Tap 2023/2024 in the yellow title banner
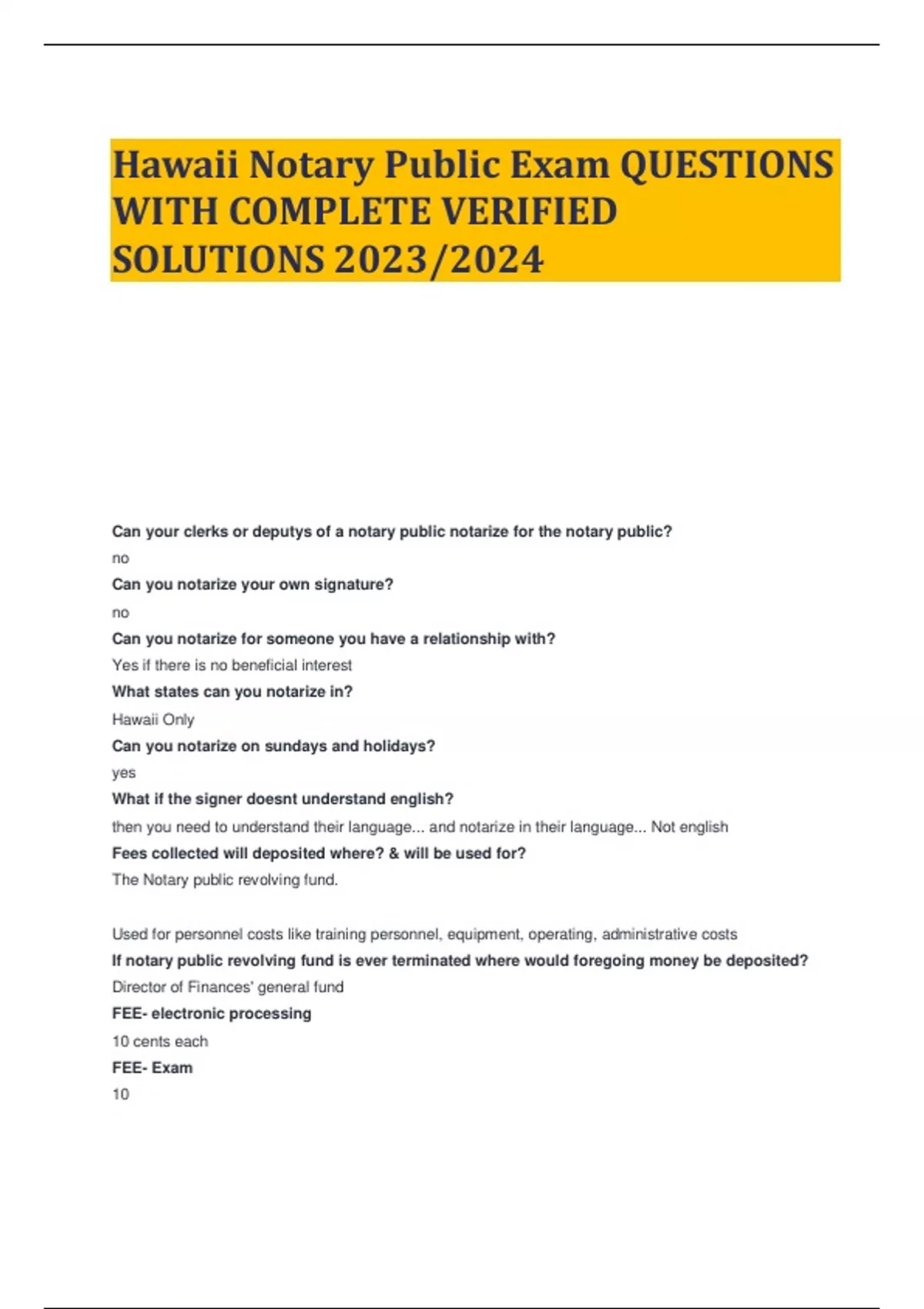tap(439, 259)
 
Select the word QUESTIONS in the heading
tap(726, 165)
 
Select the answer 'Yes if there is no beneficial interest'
tap(232, 665)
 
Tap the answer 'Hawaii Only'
tap(153, 719)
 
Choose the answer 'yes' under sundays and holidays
tap(123, 772)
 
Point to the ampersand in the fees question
tap(393, 853)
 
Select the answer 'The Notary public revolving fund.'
tap(225, 879)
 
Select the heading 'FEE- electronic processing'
tap(212, 1014)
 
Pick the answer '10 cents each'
tap(160, 1042)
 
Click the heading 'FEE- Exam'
tap(152, 1068)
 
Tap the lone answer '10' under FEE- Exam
tap(121, 1094)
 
